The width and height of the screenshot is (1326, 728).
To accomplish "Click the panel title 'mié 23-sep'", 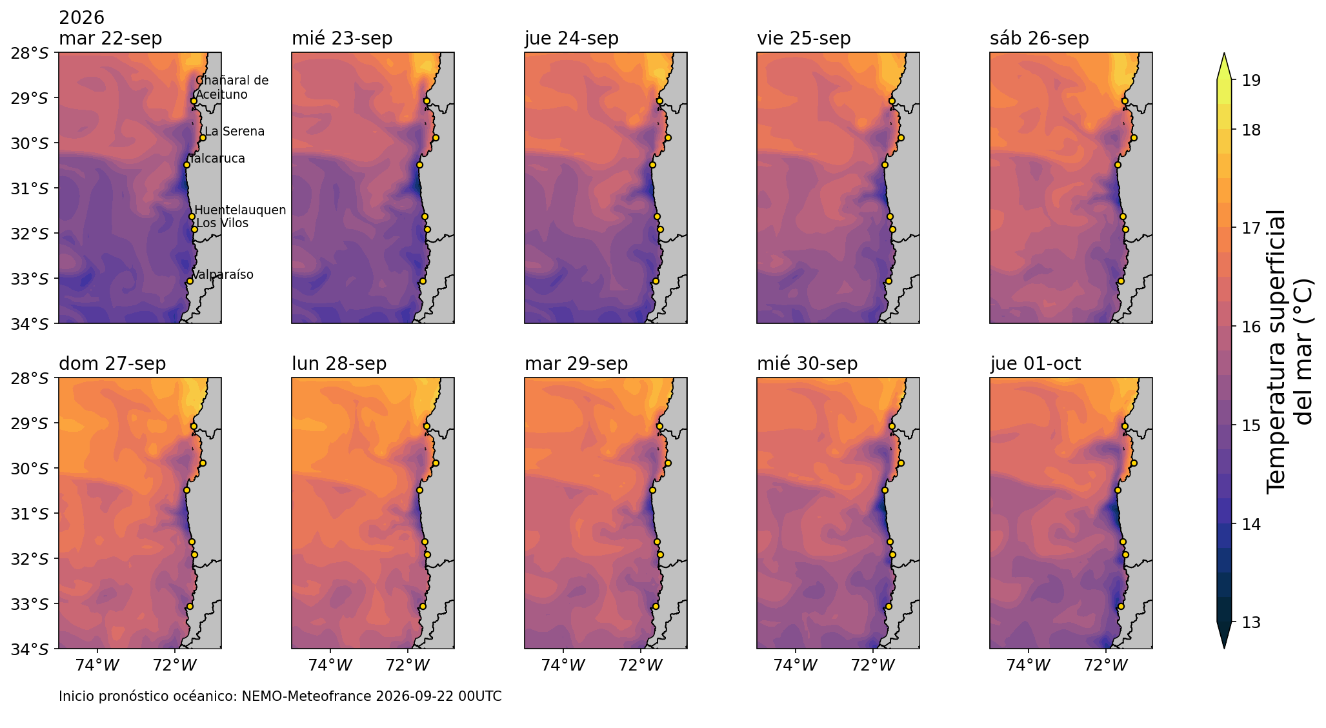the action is pos(342,39).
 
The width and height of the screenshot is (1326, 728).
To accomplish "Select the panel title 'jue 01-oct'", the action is pos(1036,364).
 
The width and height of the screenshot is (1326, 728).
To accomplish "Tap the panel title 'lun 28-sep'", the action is pos(339,364).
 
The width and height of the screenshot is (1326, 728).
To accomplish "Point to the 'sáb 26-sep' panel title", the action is pos(1040,39).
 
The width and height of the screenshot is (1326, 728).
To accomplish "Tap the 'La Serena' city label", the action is pos(235,132).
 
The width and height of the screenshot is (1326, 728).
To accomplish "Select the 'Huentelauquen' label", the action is pos(240,210).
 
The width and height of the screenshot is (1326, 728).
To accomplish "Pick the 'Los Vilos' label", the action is pos(223,223).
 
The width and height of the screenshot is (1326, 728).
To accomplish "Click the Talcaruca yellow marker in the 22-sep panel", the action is pos(186,165).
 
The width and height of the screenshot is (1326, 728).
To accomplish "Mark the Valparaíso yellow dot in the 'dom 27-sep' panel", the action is pos(190,606).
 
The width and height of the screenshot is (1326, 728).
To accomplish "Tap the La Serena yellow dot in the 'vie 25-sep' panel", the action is pos(901,137).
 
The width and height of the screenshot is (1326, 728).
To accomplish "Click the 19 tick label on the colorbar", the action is pos(1243,81).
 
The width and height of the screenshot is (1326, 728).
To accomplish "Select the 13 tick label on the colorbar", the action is pos(1243,623).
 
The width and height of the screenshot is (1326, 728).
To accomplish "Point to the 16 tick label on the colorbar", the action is pos(1243,327).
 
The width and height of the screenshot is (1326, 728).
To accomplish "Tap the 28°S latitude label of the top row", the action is pos(30,53).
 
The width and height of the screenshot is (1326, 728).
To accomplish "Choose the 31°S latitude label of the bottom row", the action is pos(30,514).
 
